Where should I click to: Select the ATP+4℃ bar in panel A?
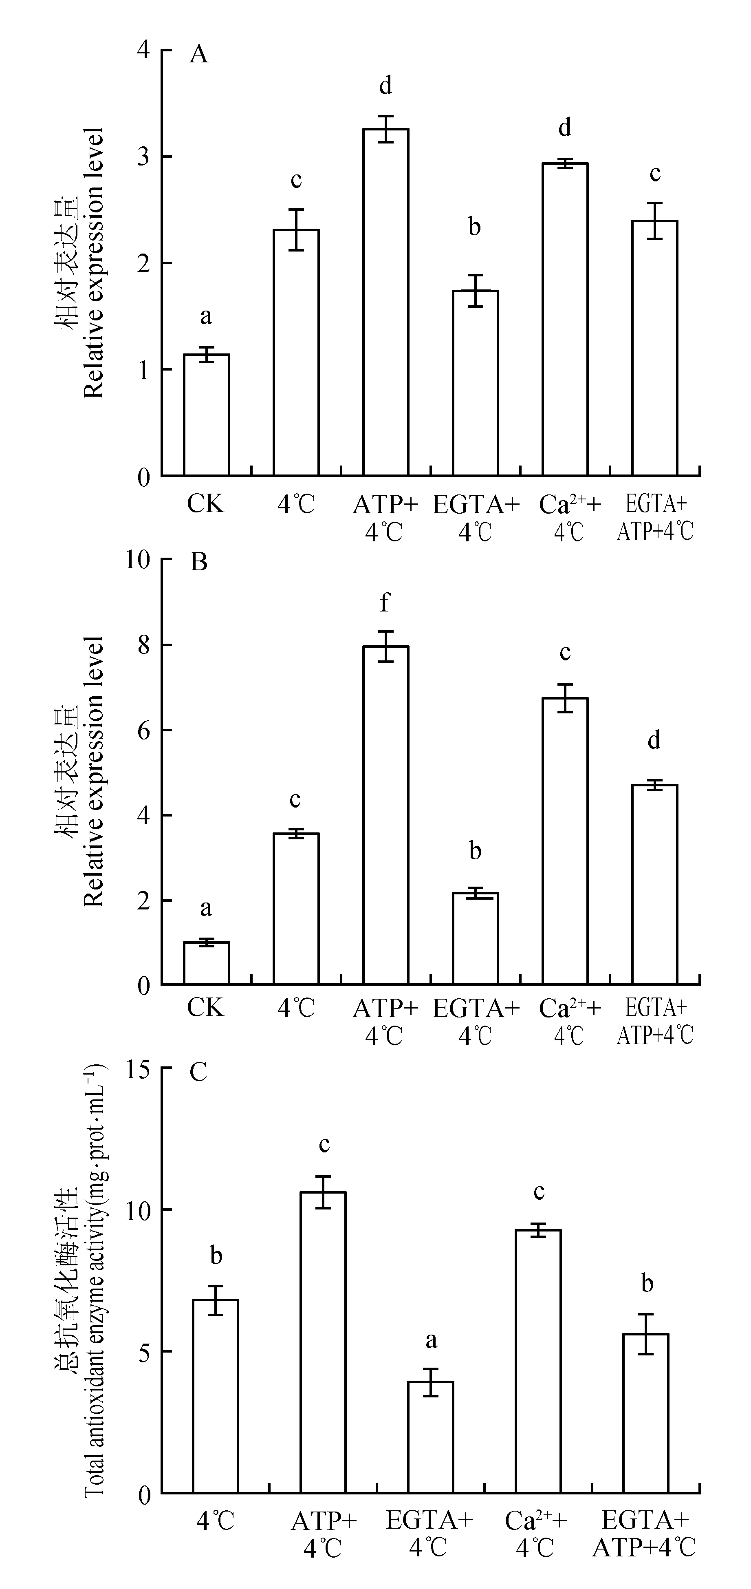[x=385, y=302]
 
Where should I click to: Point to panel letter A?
[x=198, y=55]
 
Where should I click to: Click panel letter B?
[x=198, y=563]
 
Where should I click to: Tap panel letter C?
[x=198, y=1073]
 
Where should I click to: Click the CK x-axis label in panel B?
[x=206, y=1008]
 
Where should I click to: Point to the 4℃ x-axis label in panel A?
[x=296, y=505]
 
